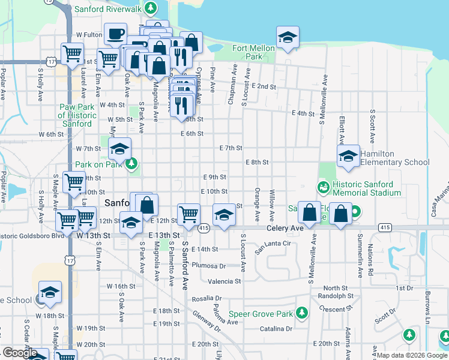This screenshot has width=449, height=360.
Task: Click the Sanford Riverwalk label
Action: click(x=107, y=10)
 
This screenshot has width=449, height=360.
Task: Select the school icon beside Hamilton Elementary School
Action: click(x=348, y=156)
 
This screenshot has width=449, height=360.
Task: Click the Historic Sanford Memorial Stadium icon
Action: click(x=324, y=188)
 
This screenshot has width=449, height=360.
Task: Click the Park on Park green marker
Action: click(x=133, y=164)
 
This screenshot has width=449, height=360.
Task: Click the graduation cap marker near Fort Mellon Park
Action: click(x=288, y=37)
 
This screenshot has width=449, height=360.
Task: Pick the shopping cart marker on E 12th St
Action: click(x=189, y=213)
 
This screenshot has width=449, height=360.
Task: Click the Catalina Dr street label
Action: click(x=276, y=329)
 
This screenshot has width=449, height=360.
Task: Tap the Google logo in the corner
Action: click(x=20, y=353)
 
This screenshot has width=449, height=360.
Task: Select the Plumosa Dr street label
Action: click(x=209, y=266)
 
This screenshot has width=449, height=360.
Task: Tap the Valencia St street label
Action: click(x=224, y=281)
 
